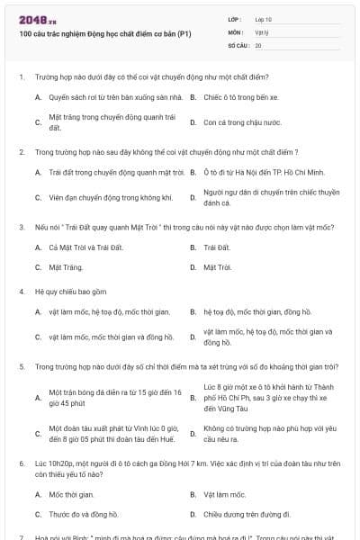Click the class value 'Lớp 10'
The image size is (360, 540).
[263, 18]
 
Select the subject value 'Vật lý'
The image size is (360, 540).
[261, 31]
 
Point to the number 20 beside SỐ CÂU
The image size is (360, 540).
[258, 44]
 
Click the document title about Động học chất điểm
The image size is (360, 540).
[105, 33]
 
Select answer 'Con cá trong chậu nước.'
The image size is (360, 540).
[242, 121]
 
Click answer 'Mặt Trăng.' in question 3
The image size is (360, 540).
[66, 267]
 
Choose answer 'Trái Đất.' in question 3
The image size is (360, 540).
[218, 247]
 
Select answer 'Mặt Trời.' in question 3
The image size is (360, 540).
[218, 267]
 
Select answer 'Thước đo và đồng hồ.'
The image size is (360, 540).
[84, 515]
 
